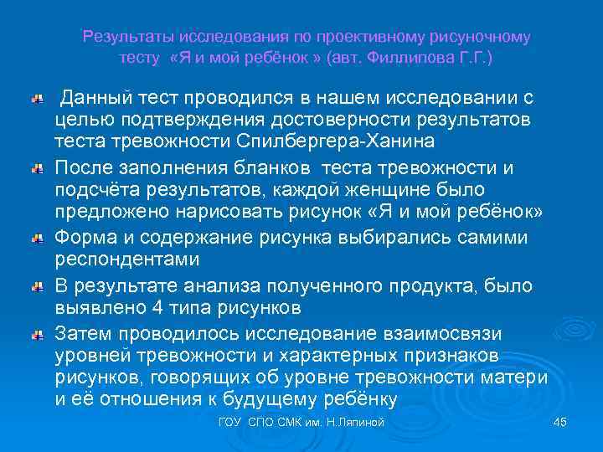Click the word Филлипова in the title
point(431,59)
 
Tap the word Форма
point(87,238)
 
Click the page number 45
point(560,423)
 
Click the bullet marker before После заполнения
point(36,171)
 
